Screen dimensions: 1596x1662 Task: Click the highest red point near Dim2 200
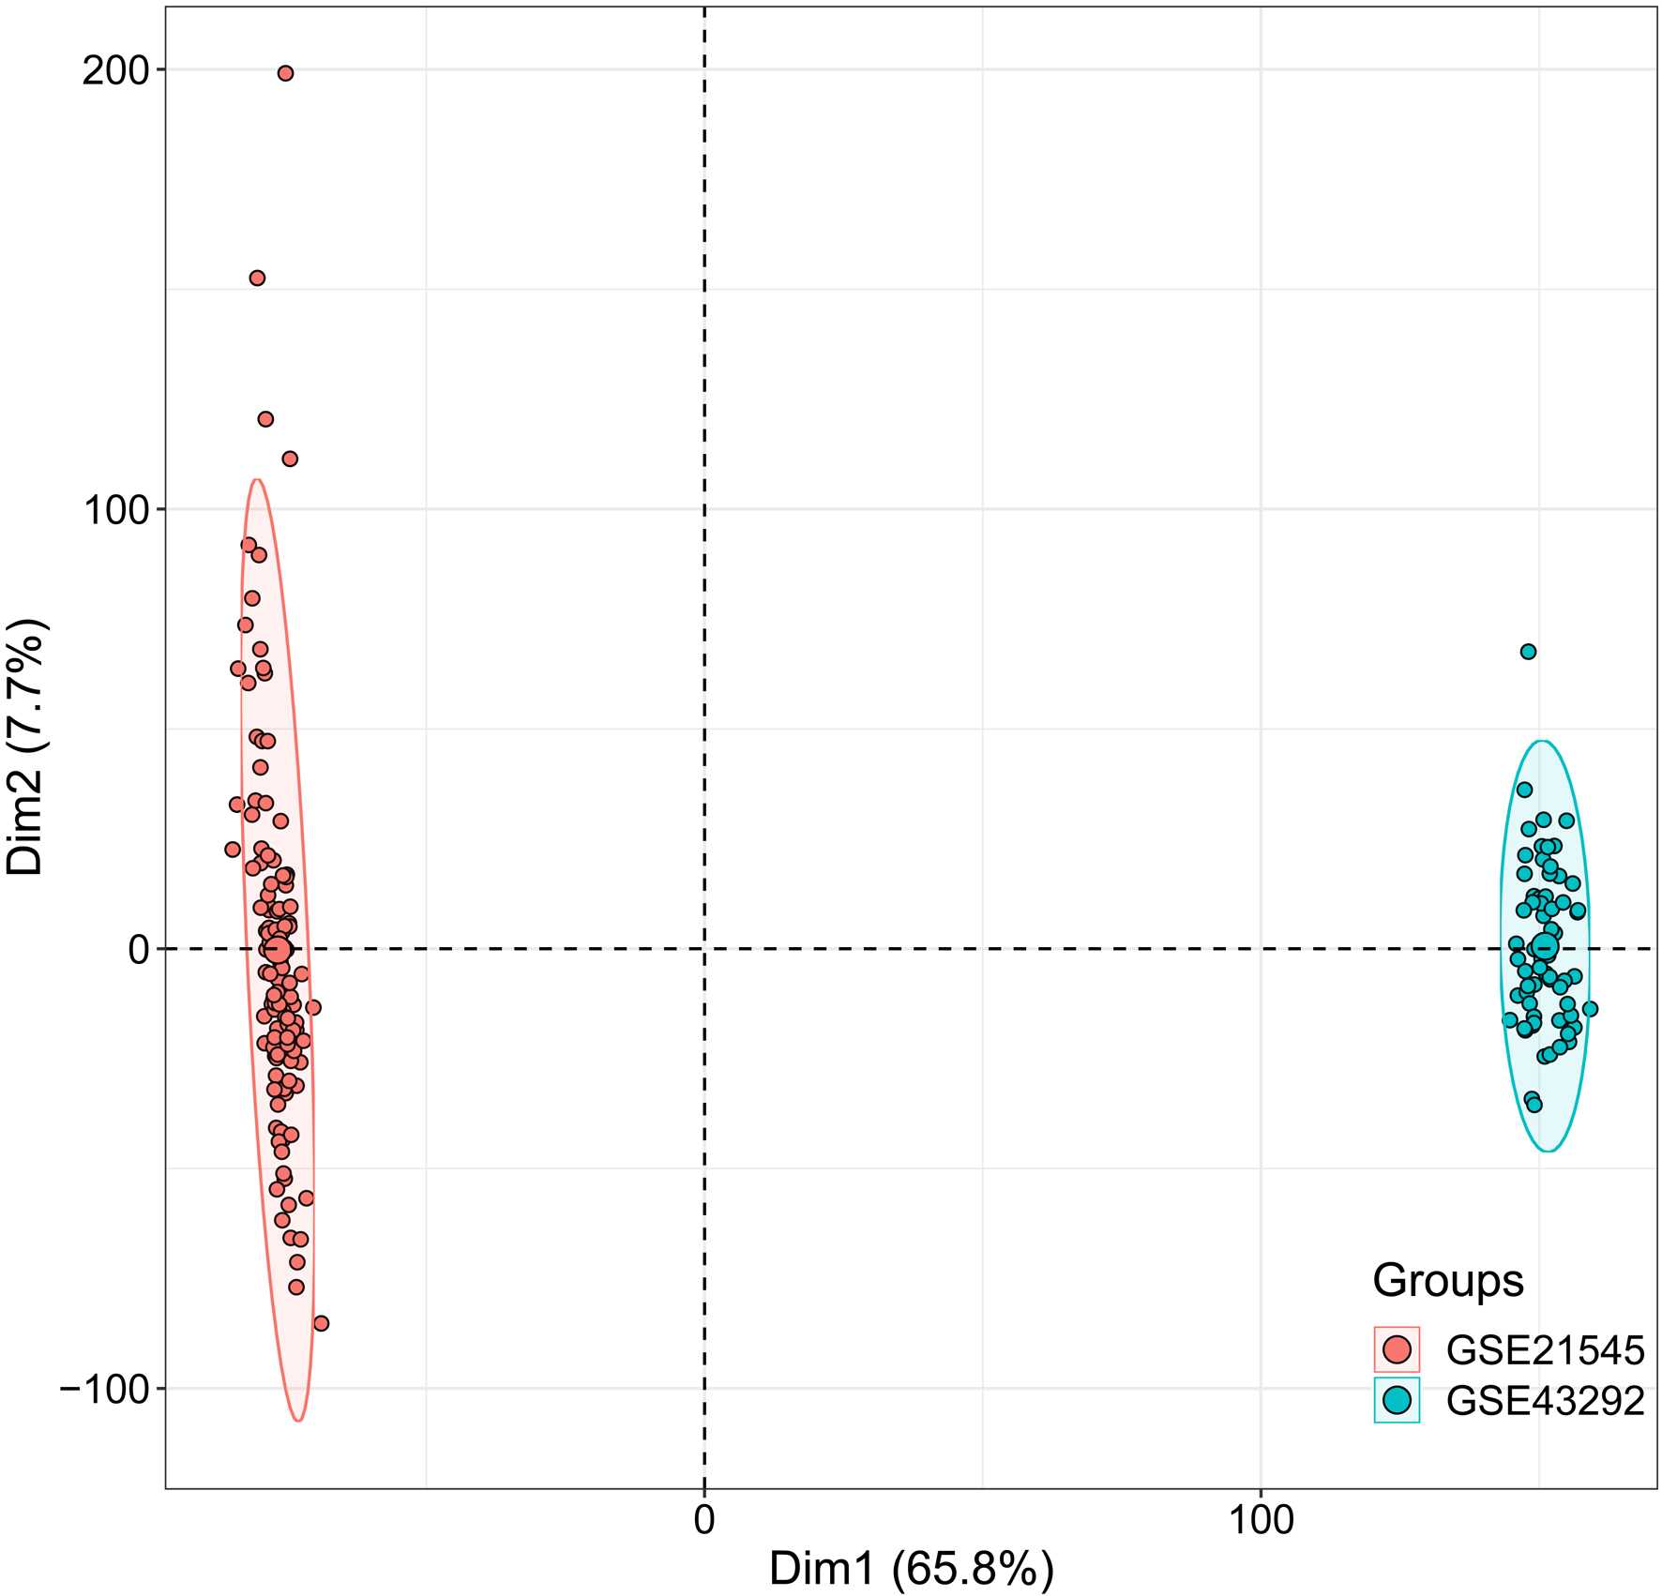coord(285,73)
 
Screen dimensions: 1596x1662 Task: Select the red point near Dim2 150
coord(257,278)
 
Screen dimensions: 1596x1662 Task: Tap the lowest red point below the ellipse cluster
coord(321,1323)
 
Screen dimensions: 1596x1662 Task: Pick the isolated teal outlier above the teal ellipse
coord(1528,652)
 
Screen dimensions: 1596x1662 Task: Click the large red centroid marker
coord(278,949)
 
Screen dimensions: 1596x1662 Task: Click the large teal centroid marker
coord(1544,947)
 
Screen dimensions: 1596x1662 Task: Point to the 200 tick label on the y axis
coord(115,70)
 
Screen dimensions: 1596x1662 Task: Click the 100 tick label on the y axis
coord(115,510)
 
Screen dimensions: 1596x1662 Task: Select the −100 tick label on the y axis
coord(105,1389)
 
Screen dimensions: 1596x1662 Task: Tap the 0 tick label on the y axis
coord(139,950)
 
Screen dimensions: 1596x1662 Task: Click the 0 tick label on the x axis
coord(704,1520)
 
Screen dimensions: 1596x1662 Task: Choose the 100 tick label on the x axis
coord(1260,1520)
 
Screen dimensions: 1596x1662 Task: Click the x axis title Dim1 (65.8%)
coord(911,1569)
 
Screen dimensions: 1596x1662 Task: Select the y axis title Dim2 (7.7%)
coord(25,746)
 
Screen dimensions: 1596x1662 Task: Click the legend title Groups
coord(1447,1280)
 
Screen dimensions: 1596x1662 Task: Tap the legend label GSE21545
coord(1545,1350)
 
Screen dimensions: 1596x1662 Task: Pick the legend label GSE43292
coord(1545,1401)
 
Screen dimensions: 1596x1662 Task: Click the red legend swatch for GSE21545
coord(1397,1349)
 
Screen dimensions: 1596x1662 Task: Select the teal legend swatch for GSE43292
coord(1397,1400)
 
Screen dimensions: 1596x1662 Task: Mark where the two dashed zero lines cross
coord(704,949)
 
